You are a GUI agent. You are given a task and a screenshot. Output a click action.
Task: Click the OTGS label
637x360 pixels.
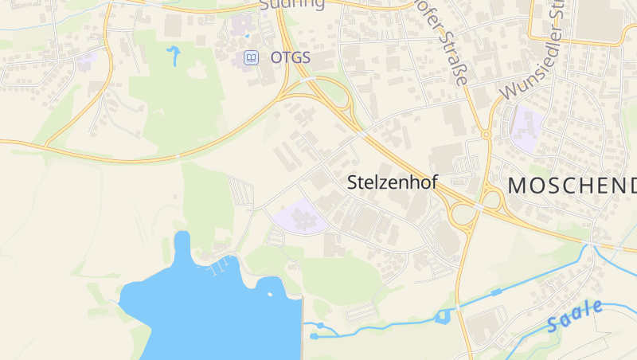pyautogui.click(x=290, y=58)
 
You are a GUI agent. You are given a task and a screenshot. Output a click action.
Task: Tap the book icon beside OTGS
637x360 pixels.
pyautogui.click(x=250, y=57)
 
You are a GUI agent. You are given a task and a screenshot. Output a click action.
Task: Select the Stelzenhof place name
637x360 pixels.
pyautogui.click(x=393, y=182)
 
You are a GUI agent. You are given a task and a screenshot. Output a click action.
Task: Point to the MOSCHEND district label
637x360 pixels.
pyautogui.click(x=572, y=186)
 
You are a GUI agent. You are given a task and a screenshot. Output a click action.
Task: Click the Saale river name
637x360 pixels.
pyautogui.click(x=575, y=317)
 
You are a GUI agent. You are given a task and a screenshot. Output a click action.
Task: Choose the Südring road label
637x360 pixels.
pyautogui.click(x=292, y=5)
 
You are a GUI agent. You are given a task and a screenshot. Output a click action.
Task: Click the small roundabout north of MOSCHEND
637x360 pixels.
pyautogui.click(x=486, y=135)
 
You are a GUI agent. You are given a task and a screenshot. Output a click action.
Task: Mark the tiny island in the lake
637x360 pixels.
pyautogui.click(x=270, y=294)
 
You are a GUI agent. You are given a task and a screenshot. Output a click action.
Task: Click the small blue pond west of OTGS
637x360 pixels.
pyautogui.click(x=173, y=55)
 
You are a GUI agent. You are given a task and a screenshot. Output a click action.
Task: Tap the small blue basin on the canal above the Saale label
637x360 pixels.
pyautogui.click(x=496, y=292)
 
